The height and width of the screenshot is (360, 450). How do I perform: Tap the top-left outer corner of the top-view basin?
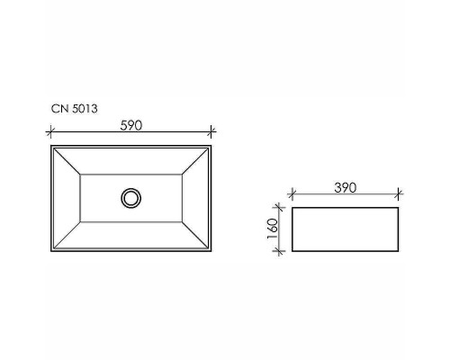coord(51,144)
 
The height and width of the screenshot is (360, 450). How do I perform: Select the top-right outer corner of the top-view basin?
coord(213,144)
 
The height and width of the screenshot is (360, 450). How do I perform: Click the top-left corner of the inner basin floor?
coord(81,175)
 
